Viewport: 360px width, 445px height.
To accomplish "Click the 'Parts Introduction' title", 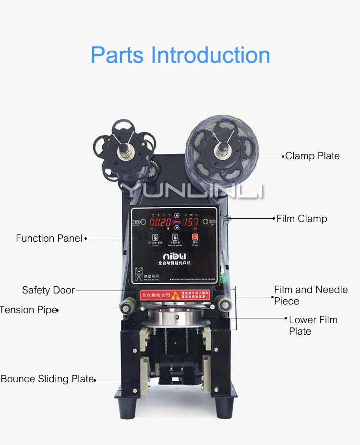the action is point(180,55).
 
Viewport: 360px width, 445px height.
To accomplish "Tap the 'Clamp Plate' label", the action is point(312,156).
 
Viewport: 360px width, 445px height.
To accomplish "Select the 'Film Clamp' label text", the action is point(301,219).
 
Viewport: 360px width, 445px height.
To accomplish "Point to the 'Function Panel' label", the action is point(49,238).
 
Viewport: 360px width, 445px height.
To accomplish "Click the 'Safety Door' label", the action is point(48,290).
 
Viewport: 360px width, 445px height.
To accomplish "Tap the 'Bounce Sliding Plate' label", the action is point(47,379).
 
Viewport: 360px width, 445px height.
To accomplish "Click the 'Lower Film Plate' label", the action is point(312,325).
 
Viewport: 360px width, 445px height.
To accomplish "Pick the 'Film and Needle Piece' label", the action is point(310,295).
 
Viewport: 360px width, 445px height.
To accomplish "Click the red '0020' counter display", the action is point(160,223).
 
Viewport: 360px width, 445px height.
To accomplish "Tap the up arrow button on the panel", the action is point(177,216).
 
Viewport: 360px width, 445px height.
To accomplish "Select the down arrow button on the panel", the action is point(177,229).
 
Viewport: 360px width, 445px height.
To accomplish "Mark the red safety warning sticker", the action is point(175,294).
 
